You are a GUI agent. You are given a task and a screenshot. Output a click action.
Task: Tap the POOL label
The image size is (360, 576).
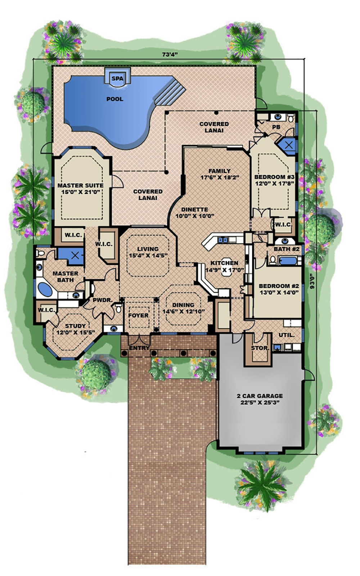[x=114, y=99]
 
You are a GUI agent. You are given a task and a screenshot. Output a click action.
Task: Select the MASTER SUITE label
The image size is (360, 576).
[x=80, y=185]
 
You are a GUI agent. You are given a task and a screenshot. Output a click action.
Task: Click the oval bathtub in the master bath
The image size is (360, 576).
[x=45, y=289]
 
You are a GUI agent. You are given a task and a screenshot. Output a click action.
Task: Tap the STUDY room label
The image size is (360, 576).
[x=76, y=326]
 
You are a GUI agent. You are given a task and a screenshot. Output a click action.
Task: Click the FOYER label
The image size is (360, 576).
[x=138, y=315]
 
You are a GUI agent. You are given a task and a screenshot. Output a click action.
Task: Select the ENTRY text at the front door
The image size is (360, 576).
[x=139, y=348]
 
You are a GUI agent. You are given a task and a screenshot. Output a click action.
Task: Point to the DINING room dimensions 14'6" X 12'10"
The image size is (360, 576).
[x=184, y=311]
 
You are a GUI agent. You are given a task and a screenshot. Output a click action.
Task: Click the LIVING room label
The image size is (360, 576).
[x=148, y=249]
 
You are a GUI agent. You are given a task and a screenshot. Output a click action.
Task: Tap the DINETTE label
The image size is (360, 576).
[x=194, y=210]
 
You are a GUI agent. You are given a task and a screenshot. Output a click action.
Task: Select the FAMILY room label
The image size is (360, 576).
[x=219, y=171]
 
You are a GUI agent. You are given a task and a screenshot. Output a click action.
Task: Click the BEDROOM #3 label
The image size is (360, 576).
[x=274, y=177]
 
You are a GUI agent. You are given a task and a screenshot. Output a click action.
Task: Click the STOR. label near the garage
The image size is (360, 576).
[x=260, y=348]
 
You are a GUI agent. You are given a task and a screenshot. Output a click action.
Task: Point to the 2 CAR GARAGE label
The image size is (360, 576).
[x=260, y=396]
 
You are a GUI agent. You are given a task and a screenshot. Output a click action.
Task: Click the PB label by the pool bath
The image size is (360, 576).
[x=276, y=127]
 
